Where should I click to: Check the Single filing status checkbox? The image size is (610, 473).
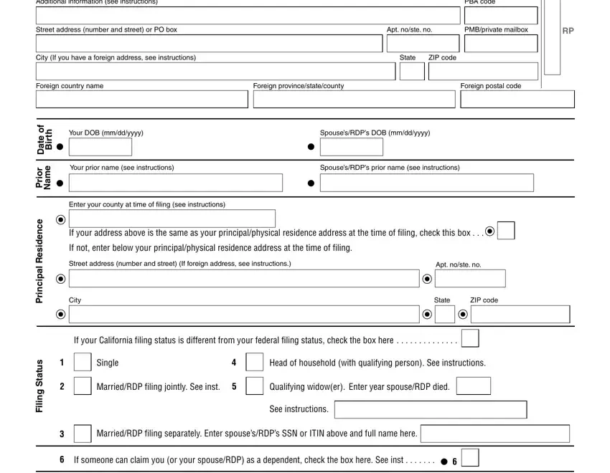coord(83,363)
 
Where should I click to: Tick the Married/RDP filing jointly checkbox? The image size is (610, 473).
coord(83,387)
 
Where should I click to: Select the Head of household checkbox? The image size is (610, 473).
coord(255,363)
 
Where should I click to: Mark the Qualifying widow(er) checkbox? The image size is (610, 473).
coord(255,387)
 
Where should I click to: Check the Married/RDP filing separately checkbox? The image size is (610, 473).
coord(83,434)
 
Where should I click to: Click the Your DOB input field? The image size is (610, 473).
coord(100,147)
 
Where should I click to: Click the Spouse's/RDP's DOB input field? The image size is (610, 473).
coord(352,147)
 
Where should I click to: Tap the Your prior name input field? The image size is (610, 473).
coord(179,183)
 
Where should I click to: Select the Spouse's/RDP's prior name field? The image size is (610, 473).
coord(427,183)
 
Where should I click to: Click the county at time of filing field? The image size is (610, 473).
coord(172,219)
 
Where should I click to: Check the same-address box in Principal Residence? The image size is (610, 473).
coord(506,231)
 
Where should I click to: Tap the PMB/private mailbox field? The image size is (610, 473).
coord(501,43)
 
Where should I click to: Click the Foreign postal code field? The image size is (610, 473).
coord(517,99)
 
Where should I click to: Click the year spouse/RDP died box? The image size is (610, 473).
coord(474,387)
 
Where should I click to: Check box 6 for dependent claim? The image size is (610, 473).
coord(470,459)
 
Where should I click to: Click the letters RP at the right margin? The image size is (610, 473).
coord(568,31)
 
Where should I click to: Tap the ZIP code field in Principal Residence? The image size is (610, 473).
coord(520,315)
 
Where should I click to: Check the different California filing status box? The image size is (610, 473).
coord(471,339)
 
